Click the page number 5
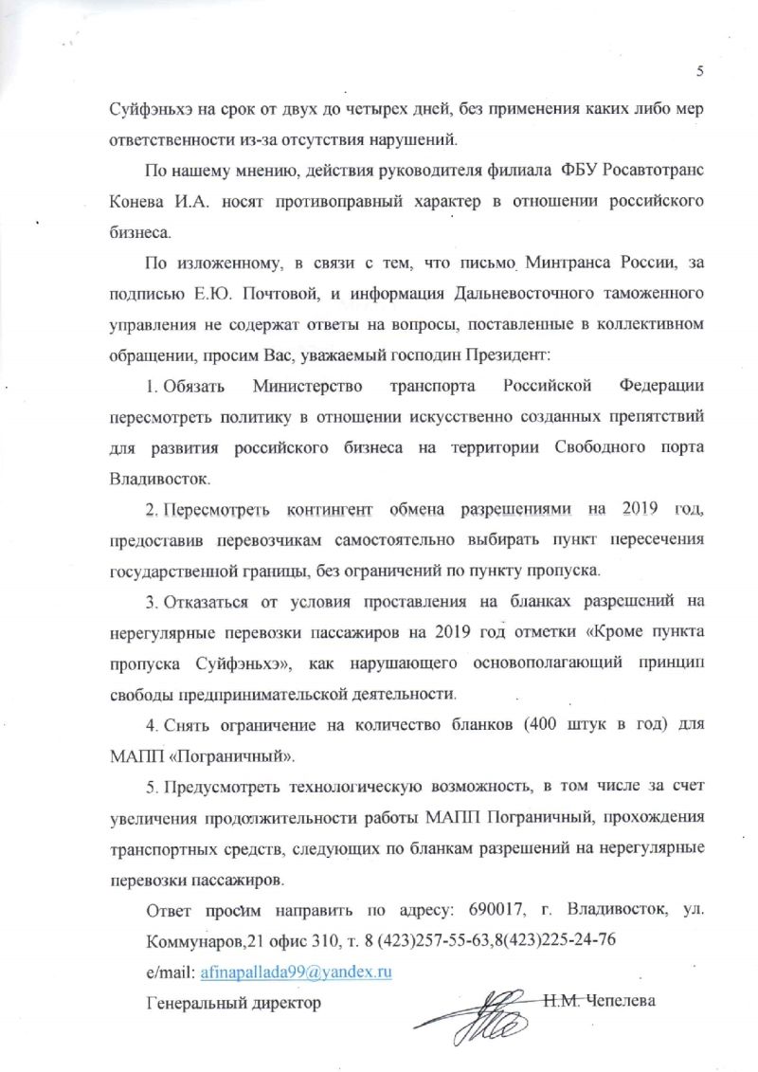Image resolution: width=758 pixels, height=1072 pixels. (699, 71)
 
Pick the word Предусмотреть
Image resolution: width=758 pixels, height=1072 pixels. (222, 788)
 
